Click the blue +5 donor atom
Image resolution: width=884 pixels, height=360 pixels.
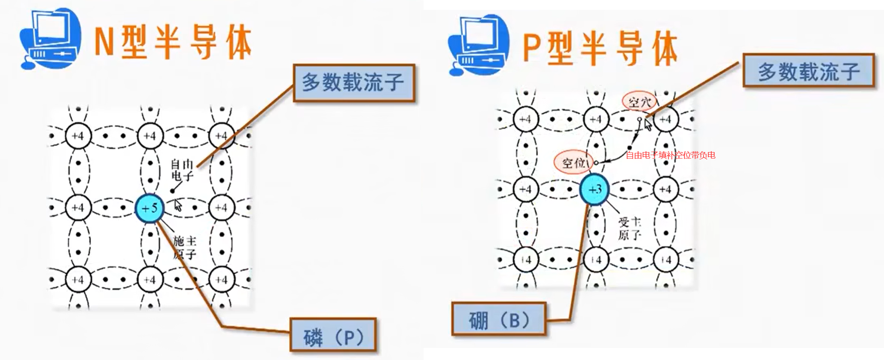click(x=149, y=208)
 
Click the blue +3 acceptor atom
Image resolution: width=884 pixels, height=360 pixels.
click(x=594, y=189)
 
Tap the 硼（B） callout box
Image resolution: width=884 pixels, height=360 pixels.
click(x=499, y=320)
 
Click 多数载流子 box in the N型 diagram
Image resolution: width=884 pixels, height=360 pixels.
click(x=354, y=83)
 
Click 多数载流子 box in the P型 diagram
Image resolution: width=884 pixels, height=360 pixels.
click(x=808, y=70)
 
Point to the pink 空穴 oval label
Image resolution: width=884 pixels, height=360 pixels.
click(x=640, y=102)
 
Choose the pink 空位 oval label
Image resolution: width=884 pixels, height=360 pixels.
click(x=574, y=163)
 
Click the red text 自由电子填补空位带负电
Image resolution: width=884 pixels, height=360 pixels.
click(x=670, y=155)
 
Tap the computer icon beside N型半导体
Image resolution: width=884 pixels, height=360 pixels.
click(x=51, y=39)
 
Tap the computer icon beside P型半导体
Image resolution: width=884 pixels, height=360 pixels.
click(x=478, y=45)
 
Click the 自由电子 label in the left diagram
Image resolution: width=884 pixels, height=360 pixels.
click(x=182, y=170)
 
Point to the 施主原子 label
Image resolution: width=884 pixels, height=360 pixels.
click(x=184, y=247)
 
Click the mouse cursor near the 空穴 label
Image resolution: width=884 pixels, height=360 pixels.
click(x=648, y=124)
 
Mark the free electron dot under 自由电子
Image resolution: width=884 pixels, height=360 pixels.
click(x=172, y=191)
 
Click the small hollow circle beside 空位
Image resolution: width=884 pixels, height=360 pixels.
click(x=596, y=163)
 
